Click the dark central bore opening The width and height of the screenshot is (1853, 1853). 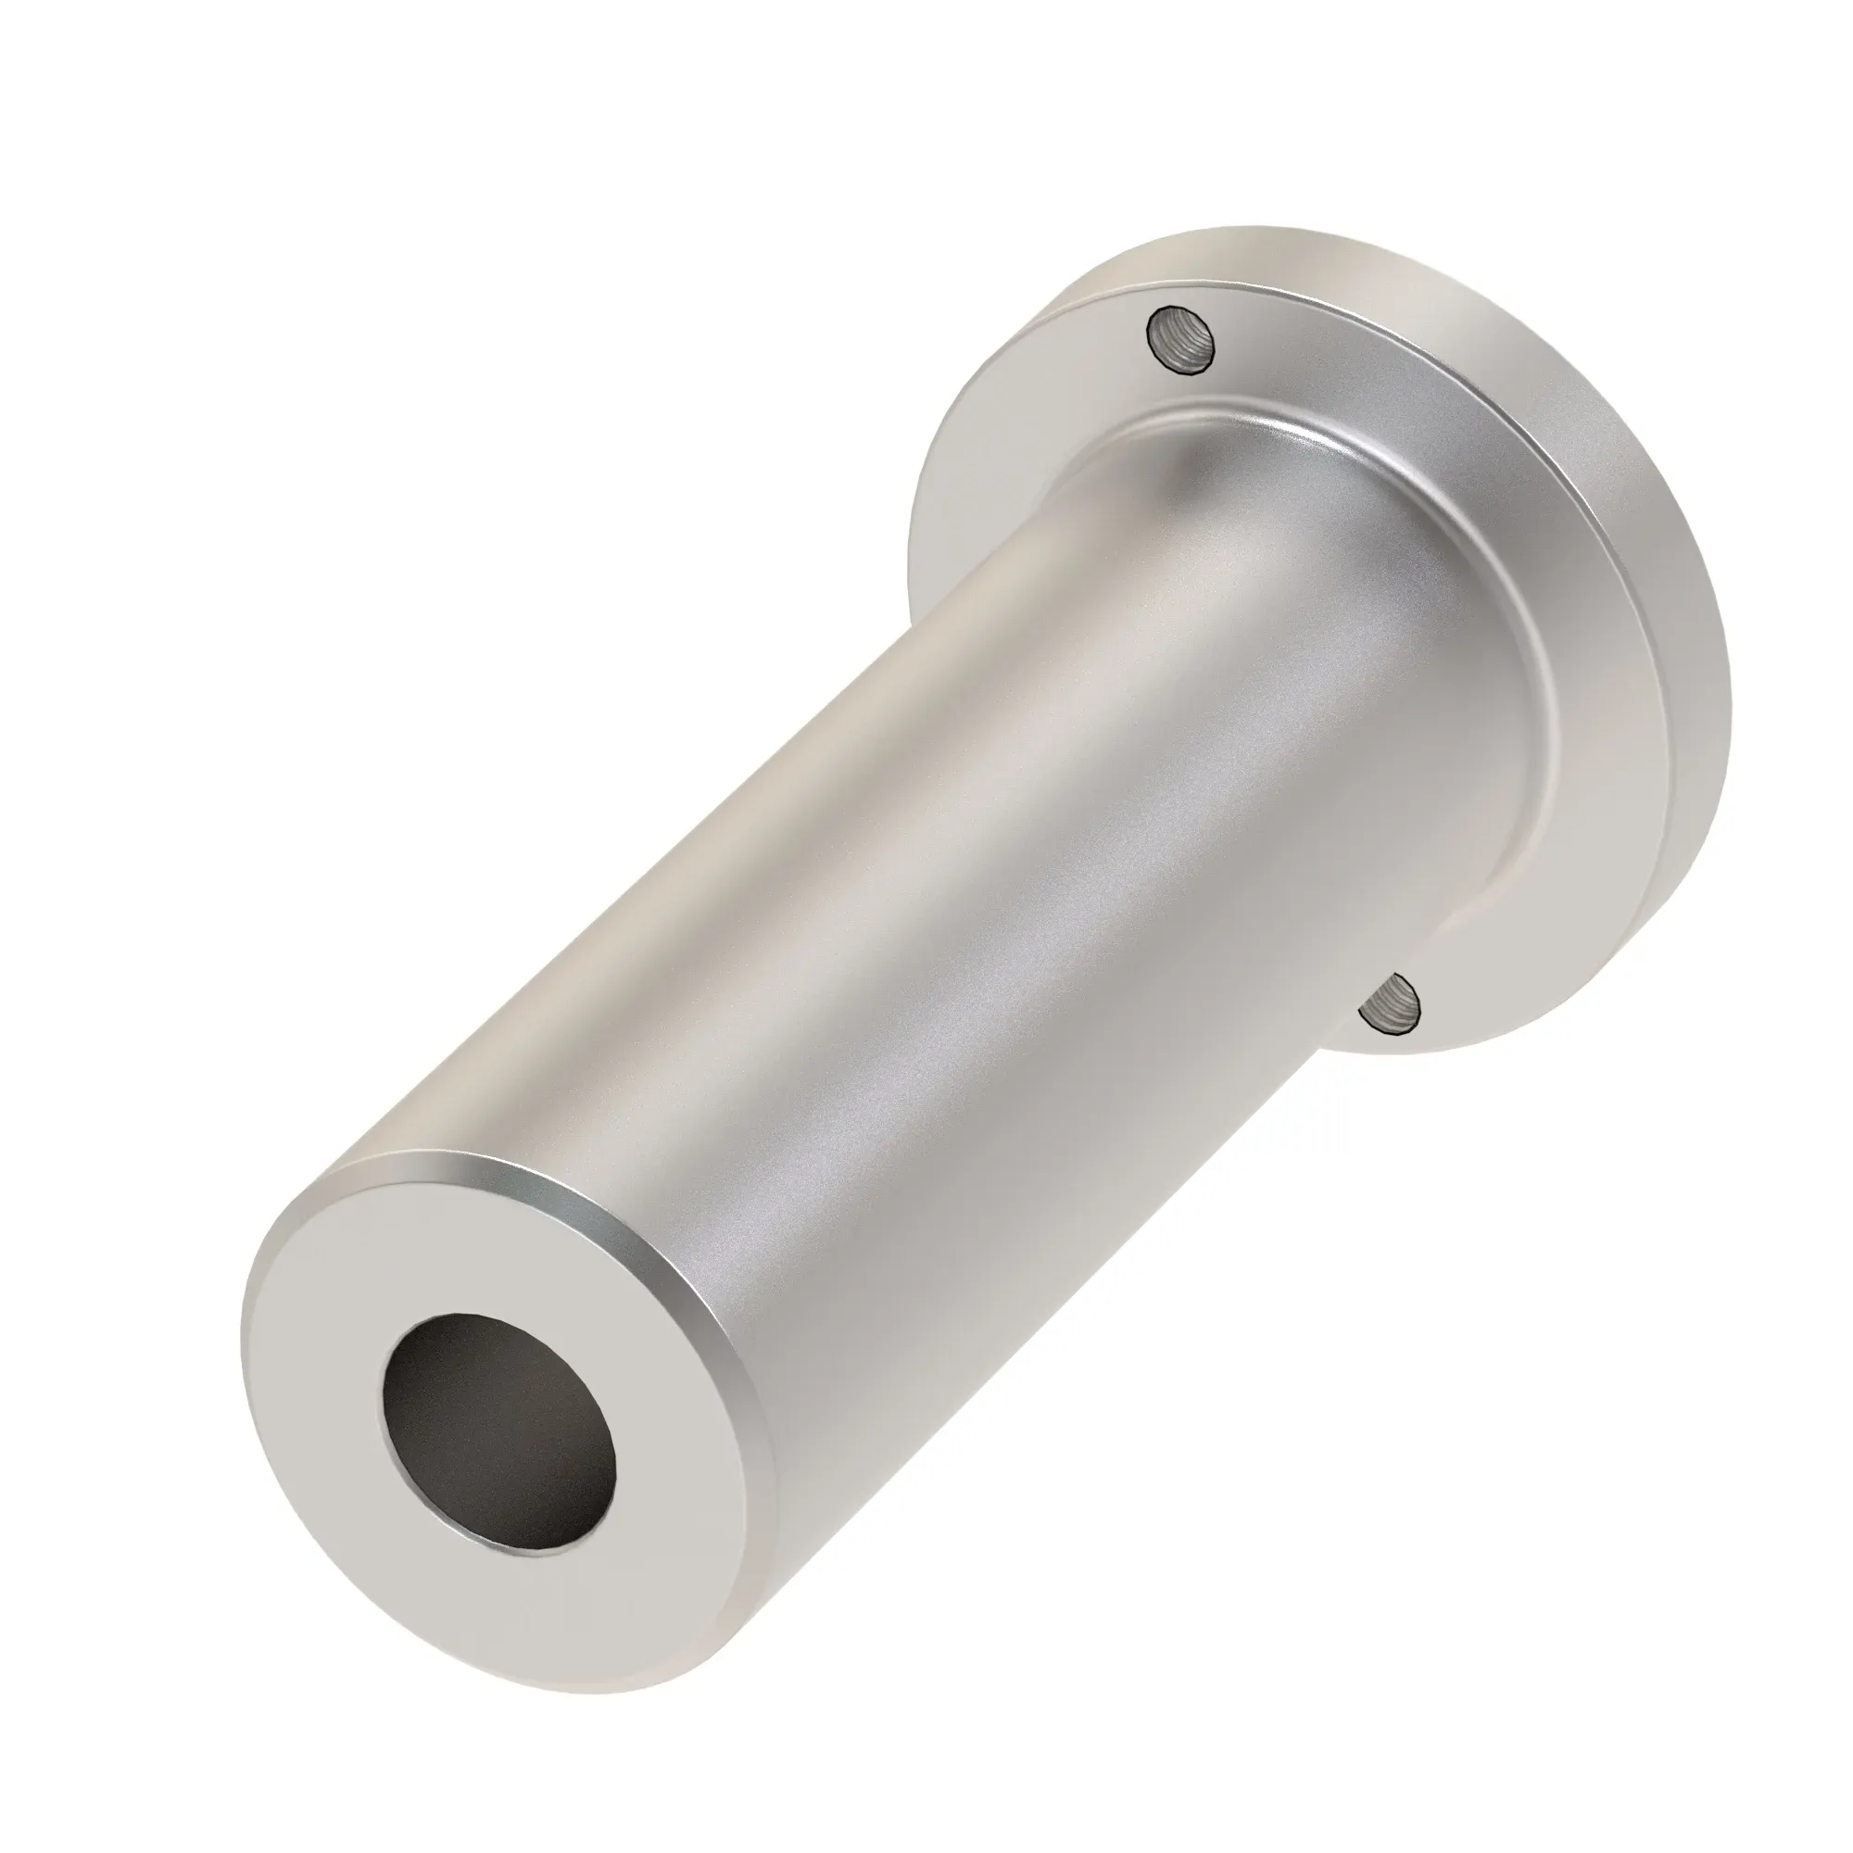(x=498, y=1412)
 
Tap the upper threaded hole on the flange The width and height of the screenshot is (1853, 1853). (x=1184, y=337)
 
